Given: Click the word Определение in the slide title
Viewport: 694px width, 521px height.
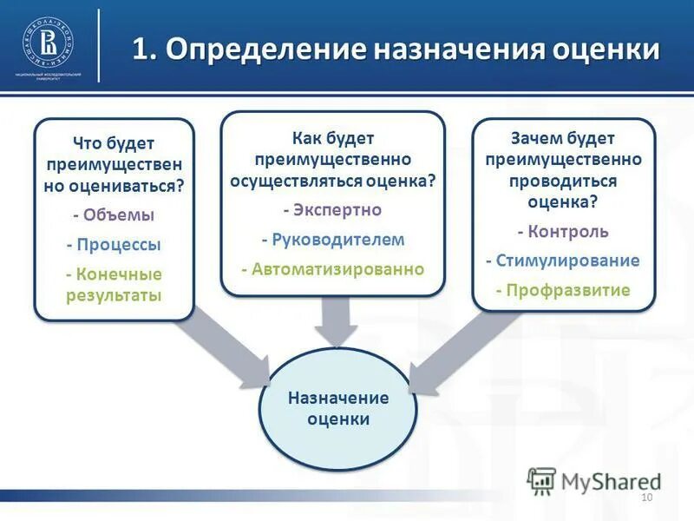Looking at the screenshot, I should click(265, 49).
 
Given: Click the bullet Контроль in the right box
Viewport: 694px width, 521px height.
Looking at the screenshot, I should click(563, 232).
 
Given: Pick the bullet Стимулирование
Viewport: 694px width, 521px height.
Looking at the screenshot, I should click(563, 260).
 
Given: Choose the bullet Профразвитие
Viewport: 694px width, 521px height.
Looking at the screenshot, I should click(563, 290).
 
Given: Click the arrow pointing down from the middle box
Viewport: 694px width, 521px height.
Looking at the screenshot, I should click(335, 322).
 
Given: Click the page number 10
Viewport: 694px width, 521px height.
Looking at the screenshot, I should click(645, 497).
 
